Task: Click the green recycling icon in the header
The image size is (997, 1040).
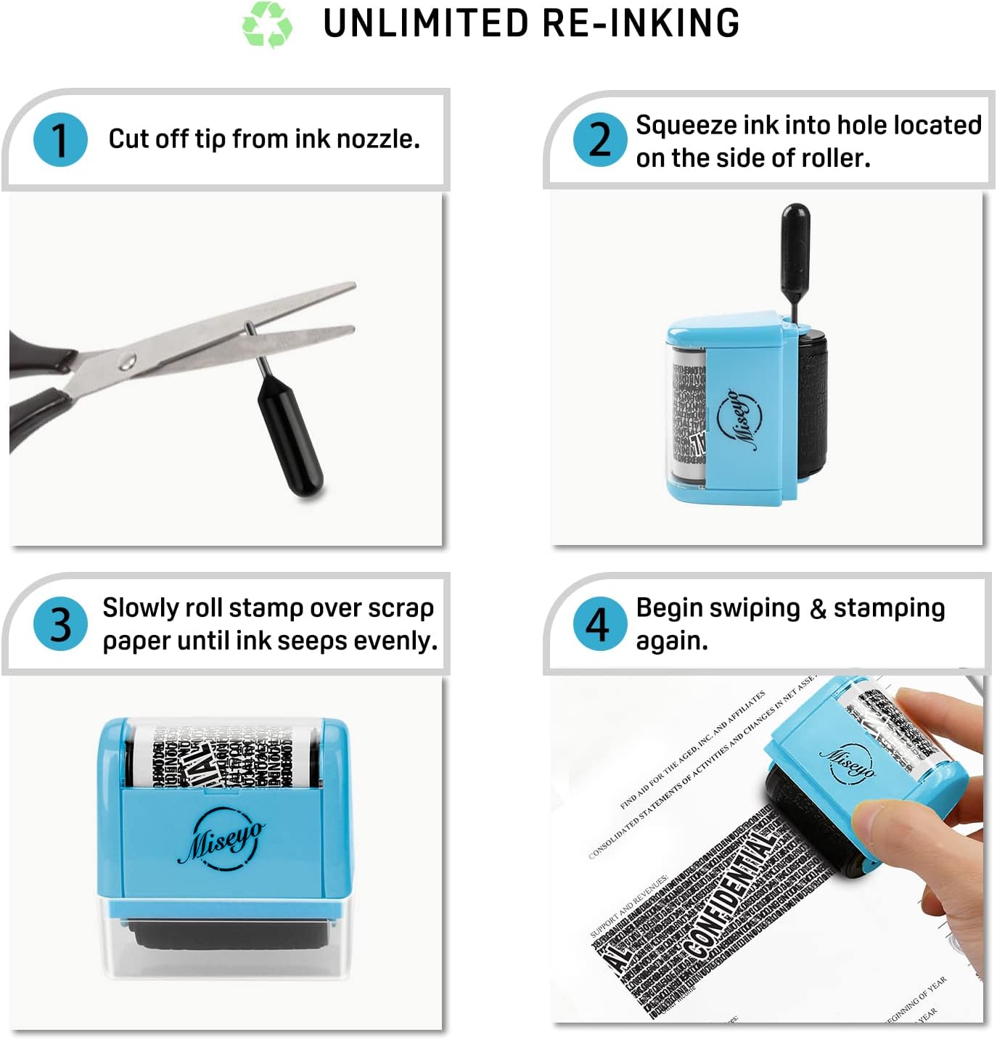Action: click(267, 25)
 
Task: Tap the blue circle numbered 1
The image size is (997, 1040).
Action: click(60, 139)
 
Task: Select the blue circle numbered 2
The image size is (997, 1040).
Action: click(599, 139)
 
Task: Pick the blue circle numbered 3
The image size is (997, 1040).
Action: click(60, 623)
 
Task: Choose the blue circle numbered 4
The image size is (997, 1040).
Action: click(599, 623)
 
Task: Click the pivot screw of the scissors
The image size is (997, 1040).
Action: click(128, 359)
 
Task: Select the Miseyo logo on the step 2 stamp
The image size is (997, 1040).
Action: click(739, 419)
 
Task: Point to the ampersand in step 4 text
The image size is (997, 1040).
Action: click(818, 609)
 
